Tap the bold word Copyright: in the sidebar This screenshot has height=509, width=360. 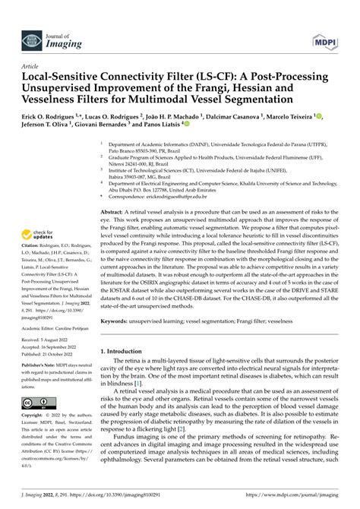pyautogui.click(x=33, y=416)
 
